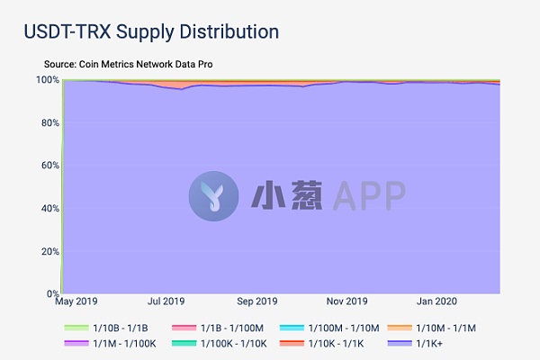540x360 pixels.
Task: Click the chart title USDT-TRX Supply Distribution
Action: (151, 31)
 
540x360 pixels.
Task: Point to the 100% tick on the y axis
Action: (47, 80)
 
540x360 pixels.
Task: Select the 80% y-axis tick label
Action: (49, 123)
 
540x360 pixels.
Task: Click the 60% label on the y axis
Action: (49, 166)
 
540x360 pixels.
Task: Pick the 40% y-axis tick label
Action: (49, 208)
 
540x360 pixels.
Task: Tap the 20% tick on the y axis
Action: (49, 251)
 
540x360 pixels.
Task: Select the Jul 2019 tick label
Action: (166, 302)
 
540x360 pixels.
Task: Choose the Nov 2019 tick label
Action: (346, 302)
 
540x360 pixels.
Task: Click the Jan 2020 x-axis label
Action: (434, 302)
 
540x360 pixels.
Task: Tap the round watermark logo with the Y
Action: (213, 193)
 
